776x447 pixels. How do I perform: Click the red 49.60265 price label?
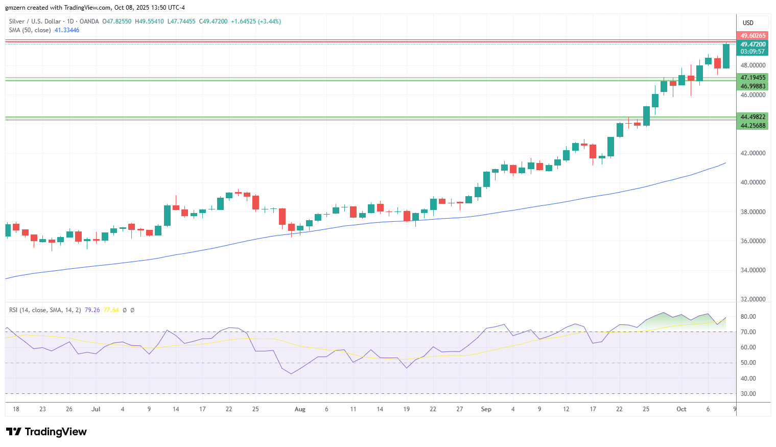753,35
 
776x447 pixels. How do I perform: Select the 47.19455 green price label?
753,77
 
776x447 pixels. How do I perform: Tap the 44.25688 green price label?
753,126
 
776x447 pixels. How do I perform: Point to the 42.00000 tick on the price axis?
753,153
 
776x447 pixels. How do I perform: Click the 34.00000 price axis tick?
753,270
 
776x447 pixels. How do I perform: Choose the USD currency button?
748,23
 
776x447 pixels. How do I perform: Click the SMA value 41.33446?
67,30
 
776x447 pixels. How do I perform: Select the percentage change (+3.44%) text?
269,21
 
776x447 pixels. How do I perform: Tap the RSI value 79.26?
92,310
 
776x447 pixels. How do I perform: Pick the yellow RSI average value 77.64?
111,310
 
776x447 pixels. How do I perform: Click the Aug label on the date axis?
300,409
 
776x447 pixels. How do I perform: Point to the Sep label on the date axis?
486,409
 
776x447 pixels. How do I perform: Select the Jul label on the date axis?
96,409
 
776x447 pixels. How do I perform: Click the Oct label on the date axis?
681,409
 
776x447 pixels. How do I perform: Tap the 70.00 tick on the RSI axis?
748,332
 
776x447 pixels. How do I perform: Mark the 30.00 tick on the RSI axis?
748,394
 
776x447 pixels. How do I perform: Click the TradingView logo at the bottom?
46,432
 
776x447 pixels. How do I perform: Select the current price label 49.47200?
753,44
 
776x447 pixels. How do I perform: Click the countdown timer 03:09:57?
753,52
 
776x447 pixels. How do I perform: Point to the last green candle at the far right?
726,56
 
